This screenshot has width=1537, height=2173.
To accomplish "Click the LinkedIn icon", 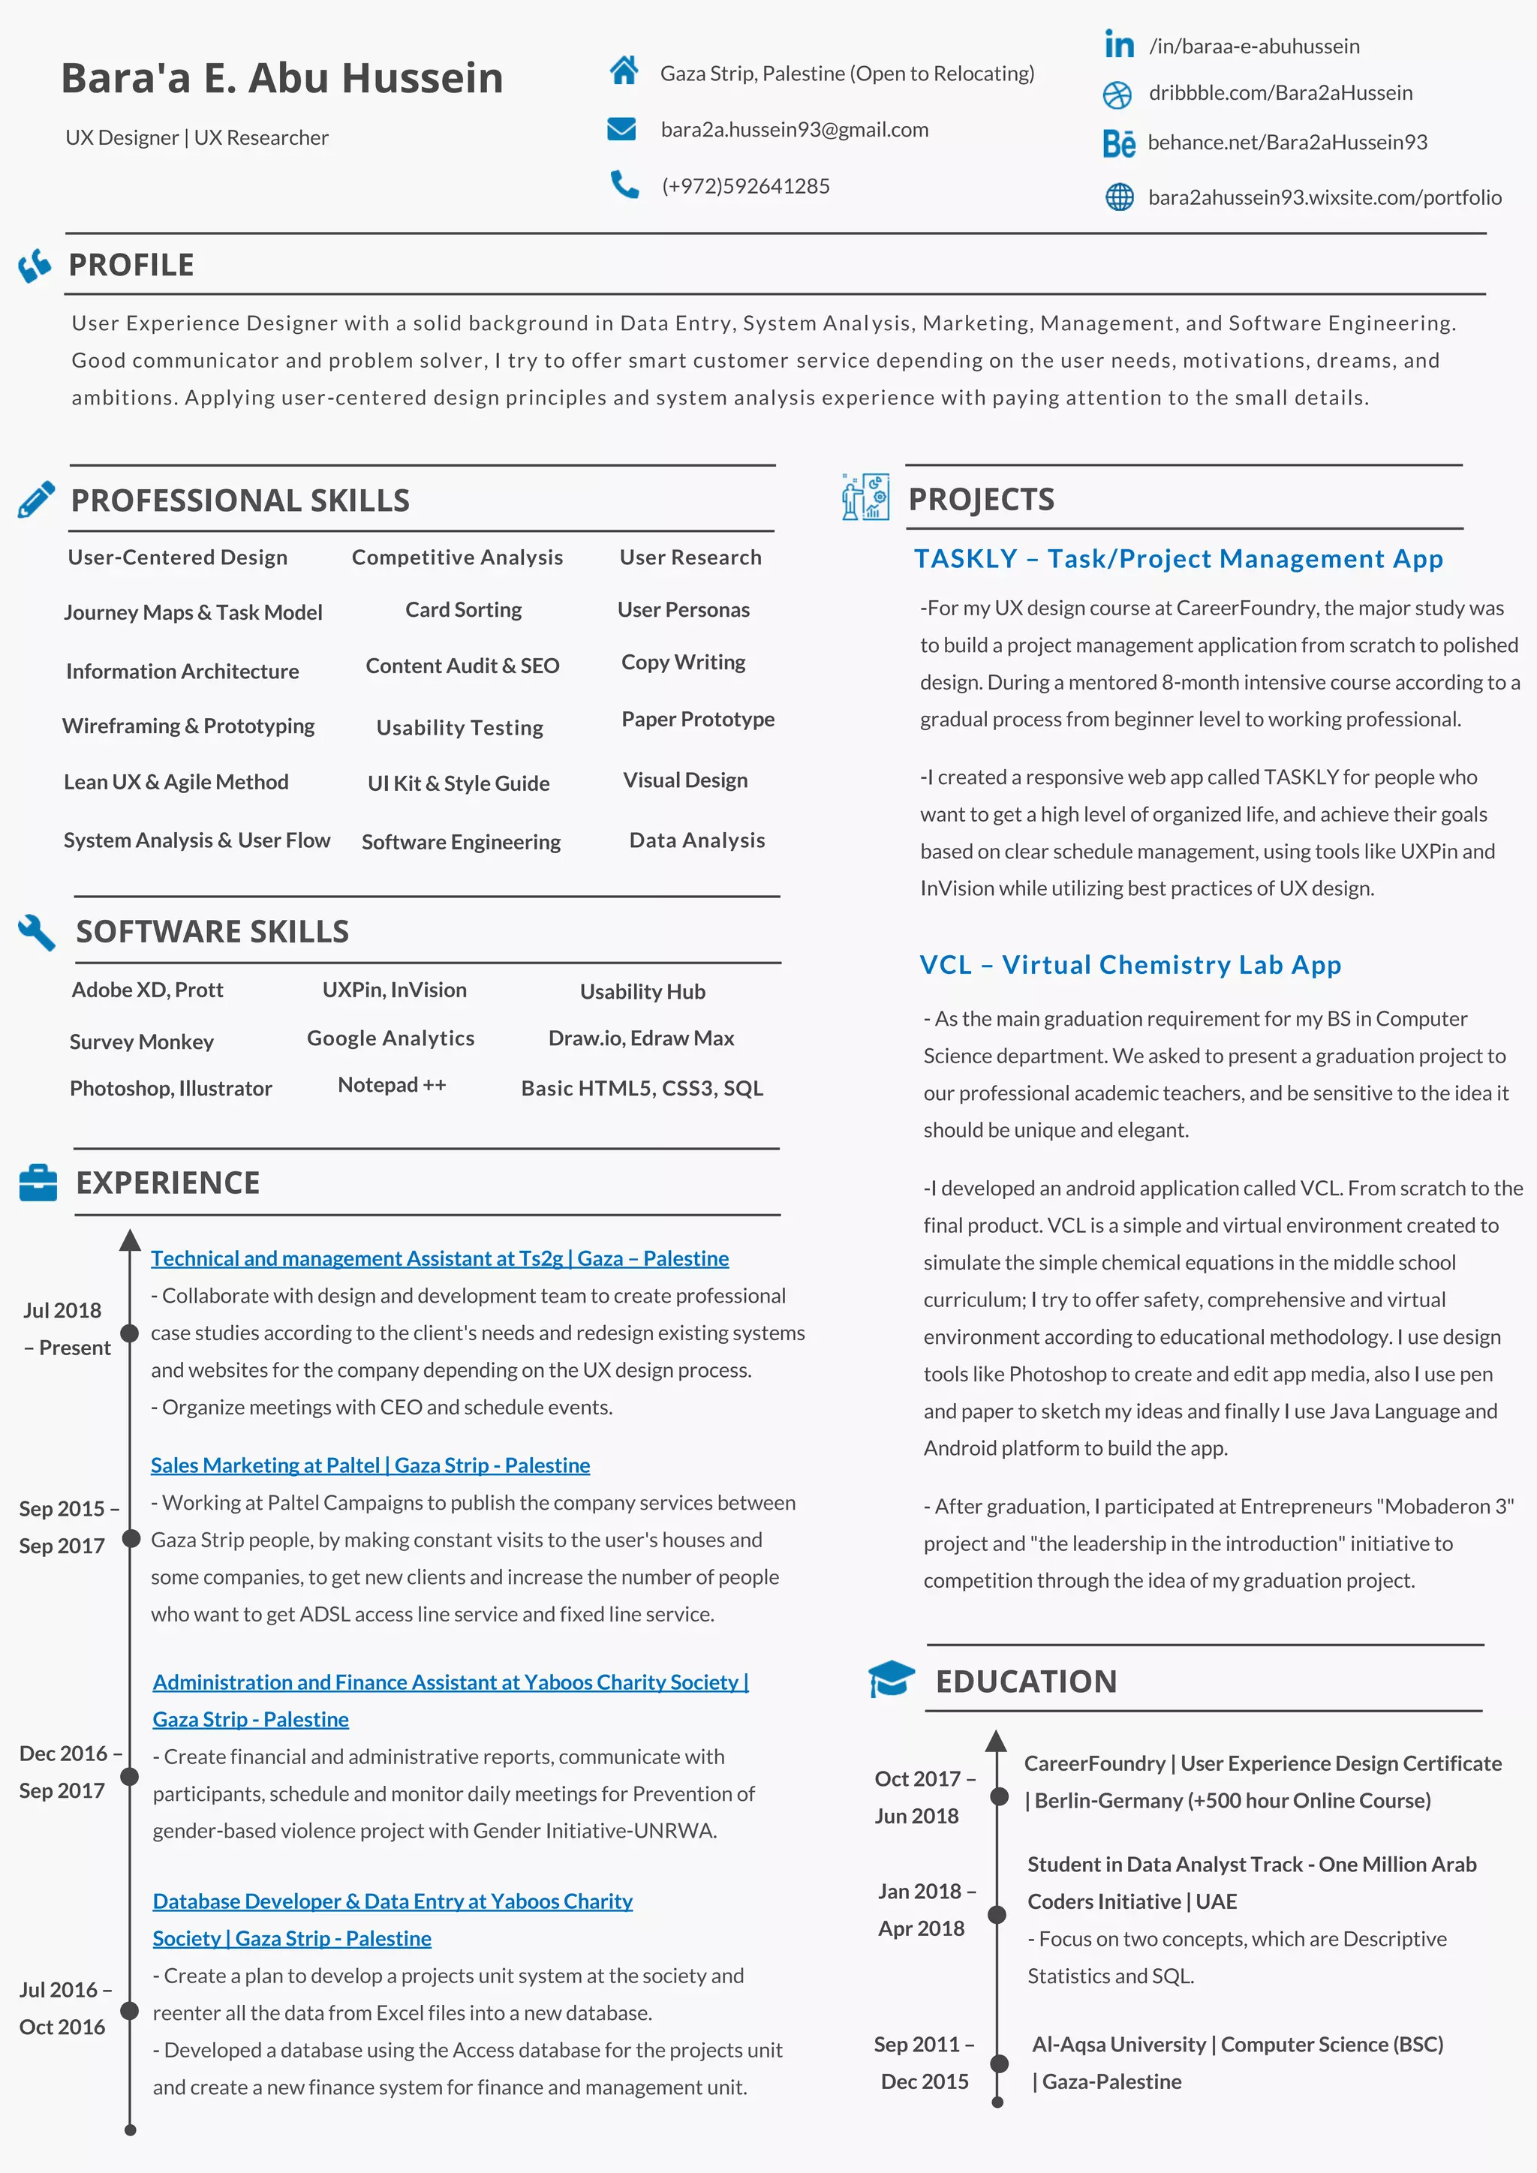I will coord(1119,44).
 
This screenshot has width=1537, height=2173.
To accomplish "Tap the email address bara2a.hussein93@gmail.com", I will coord(794,130).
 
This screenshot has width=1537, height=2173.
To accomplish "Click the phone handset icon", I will coord(624,185).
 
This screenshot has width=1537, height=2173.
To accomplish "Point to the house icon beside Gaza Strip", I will coord(624,70).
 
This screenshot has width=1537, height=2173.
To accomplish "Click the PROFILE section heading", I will coord(131,265).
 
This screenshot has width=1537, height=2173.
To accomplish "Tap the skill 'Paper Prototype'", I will coord(697,720).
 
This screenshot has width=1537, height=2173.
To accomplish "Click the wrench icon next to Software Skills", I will coord(37,932).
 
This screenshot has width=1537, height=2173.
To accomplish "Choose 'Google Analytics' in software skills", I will coord(390,1038).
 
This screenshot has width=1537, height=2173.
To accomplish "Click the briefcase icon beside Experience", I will coord(38,1183).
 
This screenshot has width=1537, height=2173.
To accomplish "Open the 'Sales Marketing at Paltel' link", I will coord(370,1465).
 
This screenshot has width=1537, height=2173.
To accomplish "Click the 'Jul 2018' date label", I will coord(62,1310).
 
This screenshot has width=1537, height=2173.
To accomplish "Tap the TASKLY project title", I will coord(1178,559).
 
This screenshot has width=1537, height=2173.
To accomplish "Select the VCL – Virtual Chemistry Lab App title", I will coord(1130,964).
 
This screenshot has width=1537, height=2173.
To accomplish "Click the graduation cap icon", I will coord(891,1680).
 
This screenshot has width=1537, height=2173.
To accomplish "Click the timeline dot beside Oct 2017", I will coord(998,1796).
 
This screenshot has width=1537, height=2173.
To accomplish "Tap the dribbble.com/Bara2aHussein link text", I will coord(1280,93).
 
